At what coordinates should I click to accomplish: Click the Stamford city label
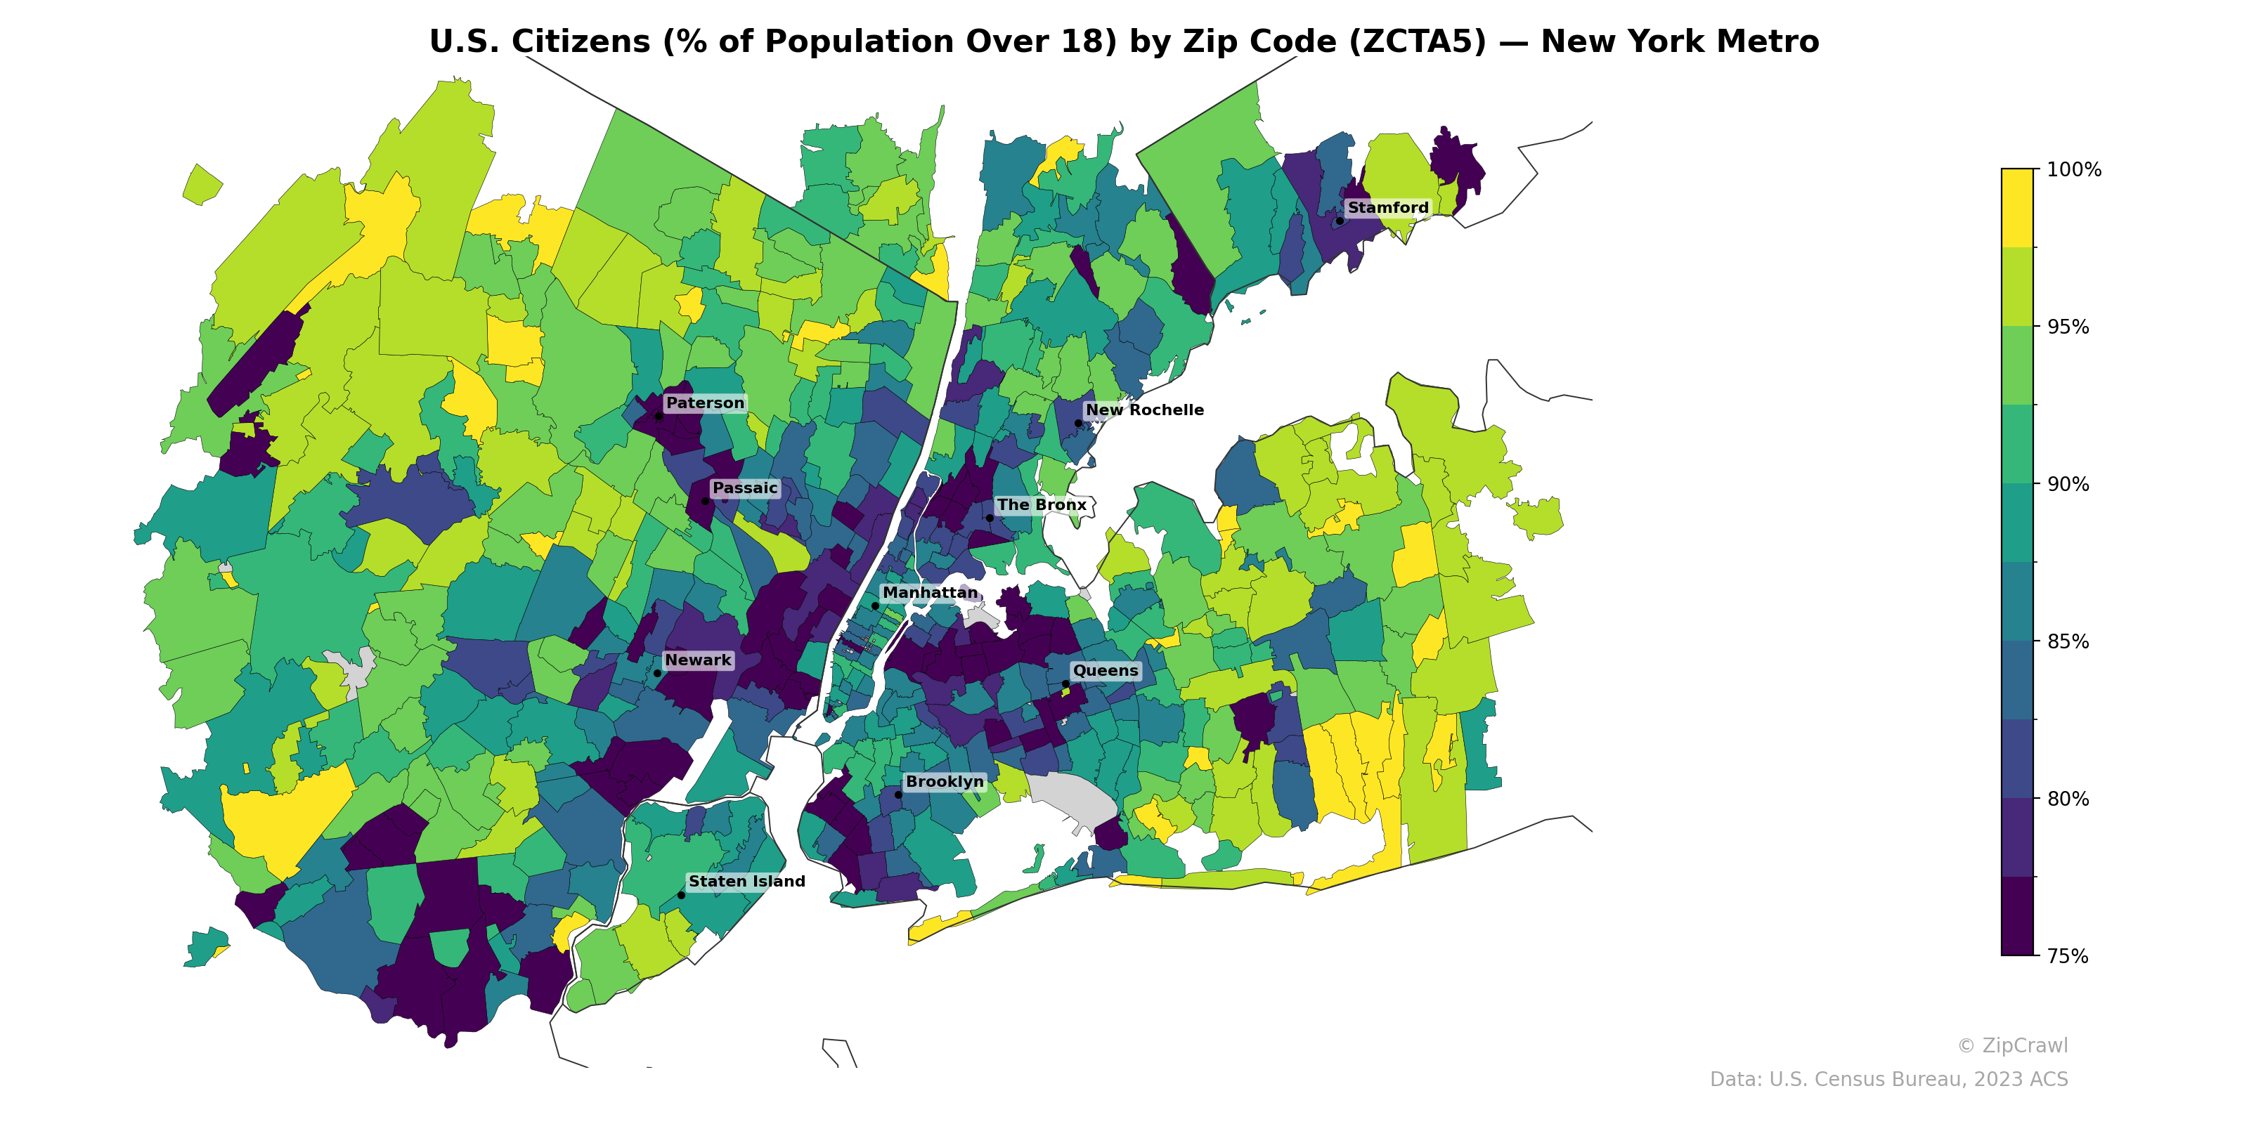pos(1387,208)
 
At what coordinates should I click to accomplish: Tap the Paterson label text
pos(704,403)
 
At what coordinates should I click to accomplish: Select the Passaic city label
pos(745,488)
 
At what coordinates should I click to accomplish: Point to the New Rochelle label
pos(1143,410)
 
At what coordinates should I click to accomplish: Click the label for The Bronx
pos(1041,505)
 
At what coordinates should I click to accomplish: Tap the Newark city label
pos(698,660)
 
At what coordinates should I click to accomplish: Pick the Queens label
pos(1106,671)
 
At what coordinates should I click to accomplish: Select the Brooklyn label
pos(945,782)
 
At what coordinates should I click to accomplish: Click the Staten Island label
pos(746,882)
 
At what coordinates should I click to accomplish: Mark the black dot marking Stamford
pos(1340,221)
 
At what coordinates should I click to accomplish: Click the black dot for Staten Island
pos(681,896)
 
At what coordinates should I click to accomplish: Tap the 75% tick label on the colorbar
pos(2068,956)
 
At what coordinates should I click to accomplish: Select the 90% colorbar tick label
pos(2068,484)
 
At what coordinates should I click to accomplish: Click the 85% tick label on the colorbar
pos(2068,641)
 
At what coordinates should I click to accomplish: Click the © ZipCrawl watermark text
pos(2011,1045)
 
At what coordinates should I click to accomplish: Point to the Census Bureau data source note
pos(1888,1080)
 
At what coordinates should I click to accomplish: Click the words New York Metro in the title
pos(1679,42)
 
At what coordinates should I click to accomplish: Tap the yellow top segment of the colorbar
pos(2017,208)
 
